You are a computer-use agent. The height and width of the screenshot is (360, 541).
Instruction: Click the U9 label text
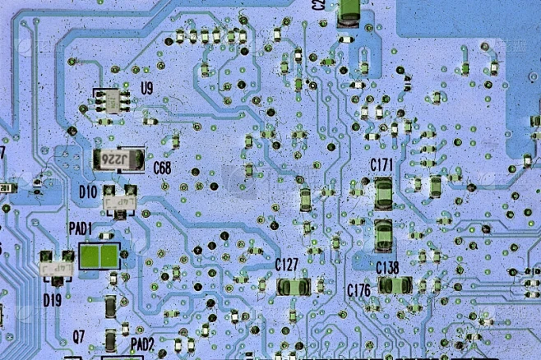coord(147,88)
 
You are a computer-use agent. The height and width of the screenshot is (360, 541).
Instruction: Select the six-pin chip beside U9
coord(111,101)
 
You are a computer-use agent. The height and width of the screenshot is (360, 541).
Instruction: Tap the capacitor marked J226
coord(118,158)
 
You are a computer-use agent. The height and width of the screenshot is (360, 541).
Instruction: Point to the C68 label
coord(162,168)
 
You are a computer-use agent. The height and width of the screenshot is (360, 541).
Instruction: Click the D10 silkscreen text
coord(89,191)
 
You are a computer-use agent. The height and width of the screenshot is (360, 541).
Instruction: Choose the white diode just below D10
coord(118,200)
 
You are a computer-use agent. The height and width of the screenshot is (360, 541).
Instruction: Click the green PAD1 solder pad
coord(99,256)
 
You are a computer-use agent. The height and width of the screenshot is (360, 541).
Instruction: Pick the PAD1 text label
coord(80,227)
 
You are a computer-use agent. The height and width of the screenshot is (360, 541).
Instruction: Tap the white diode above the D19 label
coord(53,264)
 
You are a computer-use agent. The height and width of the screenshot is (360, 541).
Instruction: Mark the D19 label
coord(52,300)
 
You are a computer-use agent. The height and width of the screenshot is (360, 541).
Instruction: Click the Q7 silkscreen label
coord(78,335)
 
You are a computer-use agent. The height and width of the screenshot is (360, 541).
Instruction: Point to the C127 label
coord(287,265)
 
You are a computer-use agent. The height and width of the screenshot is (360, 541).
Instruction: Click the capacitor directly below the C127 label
coord(293,287)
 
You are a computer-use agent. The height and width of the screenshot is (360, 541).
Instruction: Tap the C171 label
coord(381,164)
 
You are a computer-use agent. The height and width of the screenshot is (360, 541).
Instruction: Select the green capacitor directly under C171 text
coord(383,192)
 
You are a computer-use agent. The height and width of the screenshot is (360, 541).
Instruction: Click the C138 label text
coord(387,267)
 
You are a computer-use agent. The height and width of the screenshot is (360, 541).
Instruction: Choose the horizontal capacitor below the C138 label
coord(395,286)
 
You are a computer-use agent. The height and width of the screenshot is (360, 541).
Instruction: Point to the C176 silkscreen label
coord(358,289)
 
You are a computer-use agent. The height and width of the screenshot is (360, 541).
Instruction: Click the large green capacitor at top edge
coord(349,13)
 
